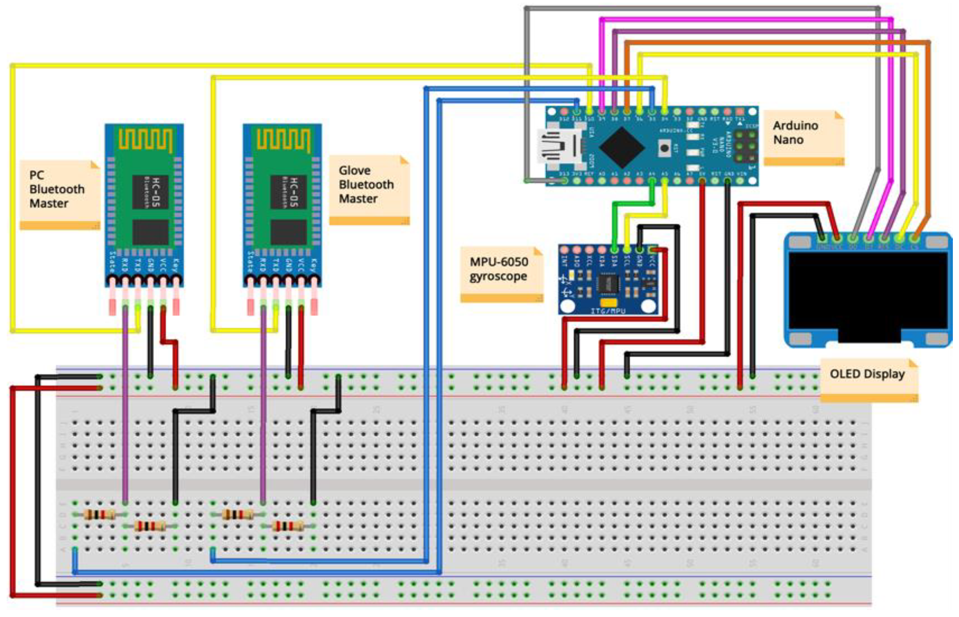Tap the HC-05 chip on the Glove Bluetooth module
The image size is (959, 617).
pos(288,192)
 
